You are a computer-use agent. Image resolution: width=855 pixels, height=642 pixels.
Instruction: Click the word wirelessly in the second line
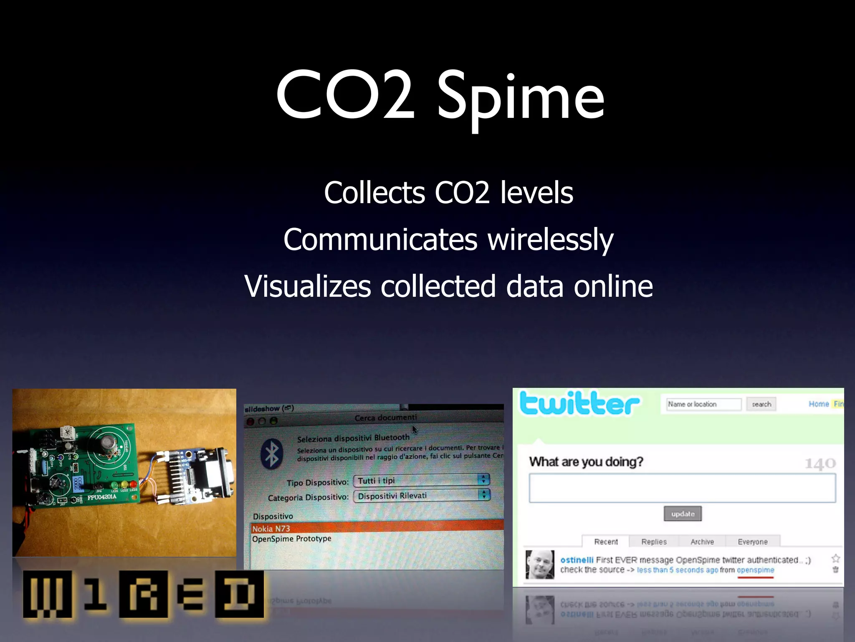tap(550, 240)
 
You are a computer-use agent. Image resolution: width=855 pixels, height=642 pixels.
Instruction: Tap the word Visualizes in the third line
tap(308, 287)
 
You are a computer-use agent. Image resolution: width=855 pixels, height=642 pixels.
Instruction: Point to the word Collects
tap(374, 193)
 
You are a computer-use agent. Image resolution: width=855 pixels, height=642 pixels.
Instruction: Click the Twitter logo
tap(579, 403)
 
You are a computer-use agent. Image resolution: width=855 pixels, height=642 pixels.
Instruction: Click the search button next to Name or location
tap(761, 404)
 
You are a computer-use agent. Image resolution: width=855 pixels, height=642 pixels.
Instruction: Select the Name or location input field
tap(703, 404)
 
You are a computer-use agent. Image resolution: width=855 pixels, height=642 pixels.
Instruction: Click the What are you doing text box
tap(682, 488)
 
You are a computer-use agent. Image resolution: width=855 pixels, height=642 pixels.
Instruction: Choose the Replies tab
tap(654, 542)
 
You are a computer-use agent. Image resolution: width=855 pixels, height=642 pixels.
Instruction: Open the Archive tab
tap(702, 542)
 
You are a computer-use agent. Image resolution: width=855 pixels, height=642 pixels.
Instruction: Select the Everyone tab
tap(752, 542)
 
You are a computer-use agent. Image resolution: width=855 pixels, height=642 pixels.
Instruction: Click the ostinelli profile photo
tap(540, 565)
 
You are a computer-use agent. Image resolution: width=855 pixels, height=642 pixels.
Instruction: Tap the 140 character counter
tap(820, 464)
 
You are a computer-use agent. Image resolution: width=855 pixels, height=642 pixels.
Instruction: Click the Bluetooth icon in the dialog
tap(272, 454)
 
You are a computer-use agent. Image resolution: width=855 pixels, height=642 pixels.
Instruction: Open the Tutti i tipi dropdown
tap(421, 480)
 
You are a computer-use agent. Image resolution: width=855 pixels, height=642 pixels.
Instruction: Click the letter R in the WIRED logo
tap(143, 594)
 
